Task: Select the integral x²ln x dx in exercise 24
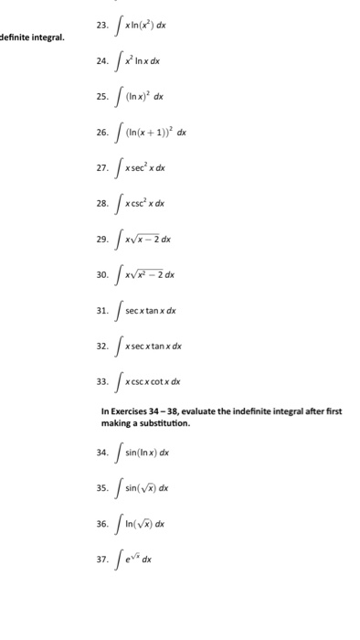click(x=146, y=62)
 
